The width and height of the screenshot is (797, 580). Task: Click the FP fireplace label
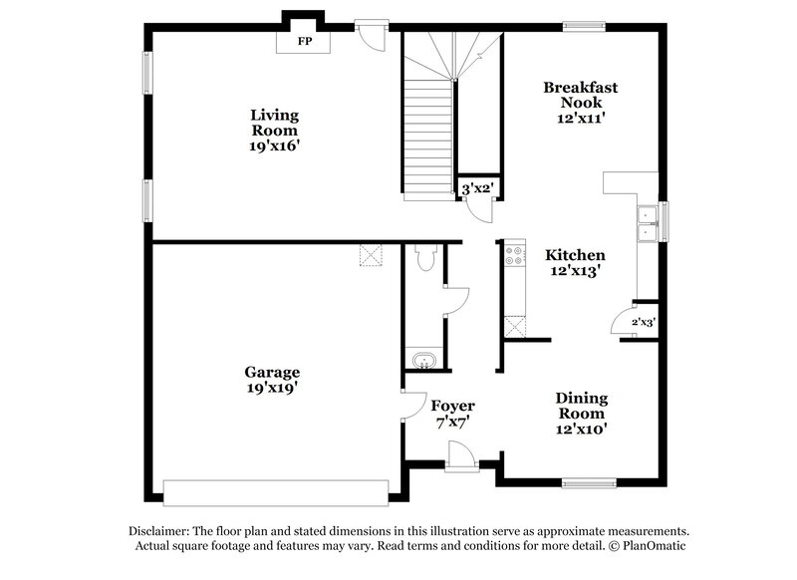point(305,43)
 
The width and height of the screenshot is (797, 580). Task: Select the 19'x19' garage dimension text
point(273,388)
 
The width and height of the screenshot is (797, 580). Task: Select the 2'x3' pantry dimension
point(643,322)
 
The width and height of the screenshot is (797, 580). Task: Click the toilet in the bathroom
point(425,258)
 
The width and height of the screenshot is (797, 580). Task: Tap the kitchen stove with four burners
point(515,255)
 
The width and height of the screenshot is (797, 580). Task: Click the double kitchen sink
point(648,223)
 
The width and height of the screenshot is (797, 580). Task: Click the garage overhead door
point(276,492)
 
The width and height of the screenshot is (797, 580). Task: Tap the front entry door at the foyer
point(461,457)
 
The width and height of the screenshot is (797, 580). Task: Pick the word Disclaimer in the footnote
point(160,531)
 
